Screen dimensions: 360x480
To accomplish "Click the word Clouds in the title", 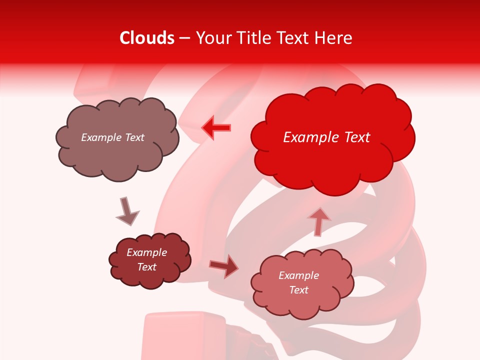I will [x=146, y=38].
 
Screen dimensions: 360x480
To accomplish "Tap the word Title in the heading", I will [x=255, y=38].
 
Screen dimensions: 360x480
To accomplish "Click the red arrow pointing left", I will [x=216, y=128].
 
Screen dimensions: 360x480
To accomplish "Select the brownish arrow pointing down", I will [x=127, y=211].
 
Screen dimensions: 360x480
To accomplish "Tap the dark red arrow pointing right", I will [x=224, y=266].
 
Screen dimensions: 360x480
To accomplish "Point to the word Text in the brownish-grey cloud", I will [x=133, y=137].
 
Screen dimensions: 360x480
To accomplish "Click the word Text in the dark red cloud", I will [x=147, y=267].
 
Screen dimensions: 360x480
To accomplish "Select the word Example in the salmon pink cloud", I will [x=298, y=275].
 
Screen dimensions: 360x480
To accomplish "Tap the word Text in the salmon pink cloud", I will [x=298, y=290].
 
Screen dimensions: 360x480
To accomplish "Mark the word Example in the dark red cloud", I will [x=147, y=252].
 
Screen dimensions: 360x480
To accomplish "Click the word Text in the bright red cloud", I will [x=357, y=137].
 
